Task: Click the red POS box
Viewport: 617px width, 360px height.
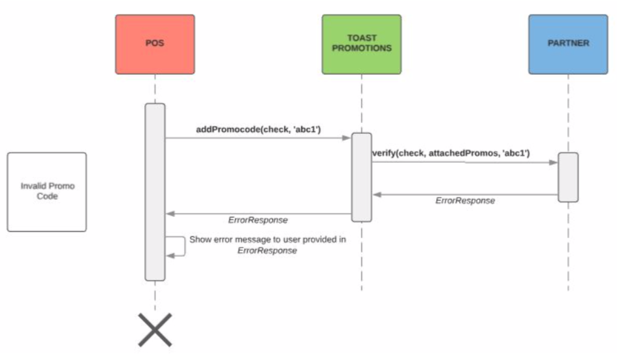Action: (x=155, y=44)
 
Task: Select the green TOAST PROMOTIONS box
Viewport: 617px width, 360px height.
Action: (x=361, y=44)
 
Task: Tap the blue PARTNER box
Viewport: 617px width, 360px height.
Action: (x=568, y=44)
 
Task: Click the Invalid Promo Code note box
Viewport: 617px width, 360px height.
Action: (x=47, y=191)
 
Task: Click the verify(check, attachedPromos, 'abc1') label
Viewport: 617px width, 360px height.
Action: (x=451, y=153)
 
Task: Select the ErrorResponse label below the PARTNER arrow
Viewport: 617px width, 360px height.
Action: (x=465, y=201)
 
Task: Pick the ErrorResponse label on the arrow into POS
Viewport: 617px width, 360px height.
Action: (x=258, y=220)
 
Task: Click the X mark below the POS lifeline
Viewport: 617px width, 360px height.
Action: (x=155, y=329)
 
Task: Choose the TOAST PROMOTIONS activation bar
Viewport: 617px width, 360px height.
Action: (x=361, y=177)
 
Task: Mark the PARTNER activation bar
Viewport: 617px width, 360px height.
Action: (x=568, y=177)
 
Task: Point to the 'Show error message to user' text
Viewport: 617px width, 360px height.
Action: (x=267, y=240)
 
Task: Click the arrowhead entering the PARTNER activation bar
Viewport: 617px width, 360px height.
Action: (x=554, y=162)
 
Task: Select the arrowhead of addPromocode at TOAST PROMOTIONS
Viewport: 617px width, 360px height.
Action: (x=347, y=138)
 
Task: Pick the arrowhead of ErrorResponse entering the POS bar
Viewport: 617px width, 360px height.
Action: (x=170, y=213)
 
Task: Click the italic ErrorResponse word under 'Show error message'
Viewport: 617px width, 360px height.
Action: (x=267, y=251)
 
